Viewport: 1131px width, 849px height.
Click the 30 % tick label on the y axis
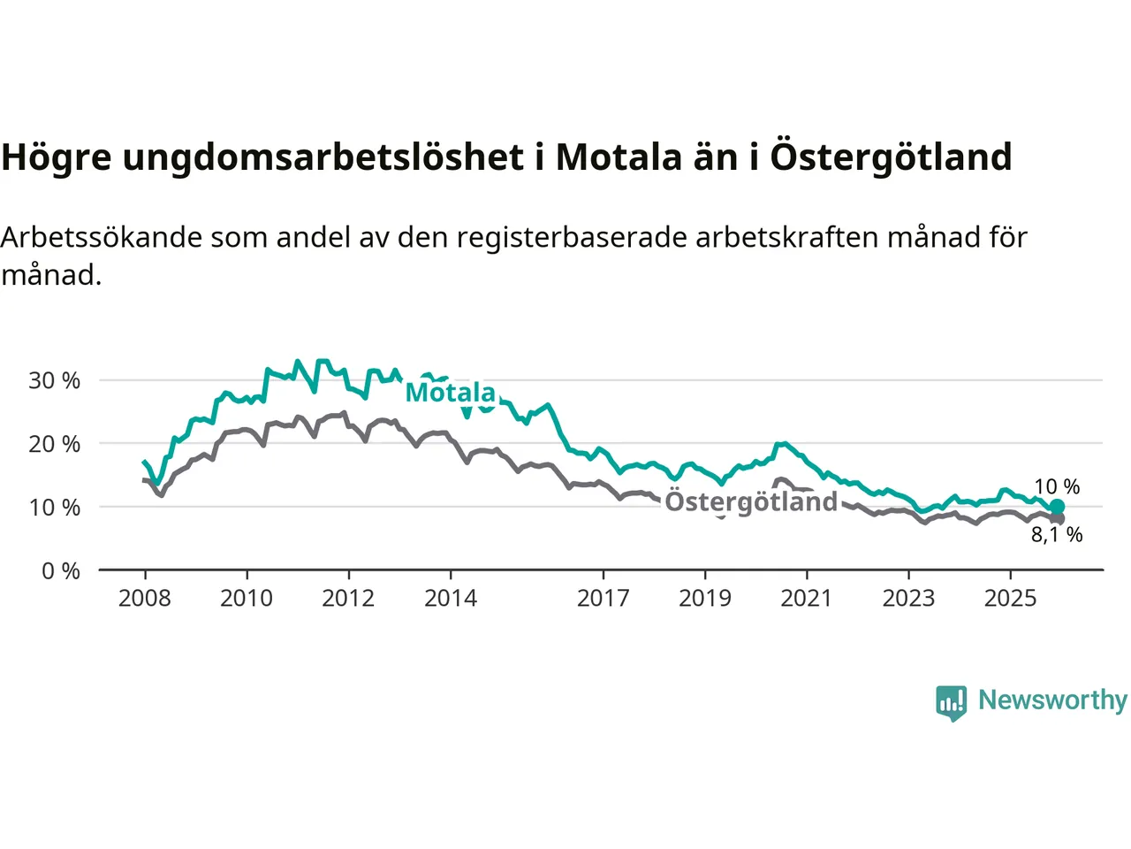54,381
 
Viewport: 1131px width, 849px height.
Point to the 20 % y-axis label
54,444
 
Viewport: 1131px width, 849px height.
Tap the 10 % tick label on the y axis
54,508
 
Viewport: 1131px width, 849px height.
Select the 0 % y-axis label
60,571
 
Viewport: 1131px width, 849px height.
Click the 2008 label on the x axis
145,599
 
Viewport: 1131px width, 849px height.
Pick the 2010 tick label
247,599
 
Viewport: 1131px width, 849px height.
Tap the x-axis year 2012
348,599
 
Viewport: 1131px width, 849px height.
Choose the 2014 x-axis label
451,599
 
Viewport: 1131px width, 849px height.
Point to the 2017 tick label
603,599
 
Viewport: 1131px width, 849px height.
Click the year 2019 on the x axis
705,599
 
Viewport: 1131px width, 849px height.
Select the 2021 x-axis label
807,599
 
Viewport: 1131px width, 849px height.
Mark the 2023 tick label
908,599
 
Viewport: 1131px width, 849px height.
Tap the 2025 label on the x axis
1011,599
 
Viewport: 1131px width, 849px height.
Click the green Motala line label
451,392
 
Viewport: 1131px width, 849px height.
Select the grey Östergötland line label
751,501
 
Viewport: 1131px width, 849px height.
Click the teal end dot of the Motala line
1057,507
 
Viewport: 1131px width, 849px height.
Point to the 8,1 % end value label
1057,535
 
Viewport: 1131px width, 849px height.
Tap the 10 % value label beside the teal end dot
1057,487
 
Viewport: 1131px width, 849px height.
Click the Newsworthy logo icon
952,703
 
